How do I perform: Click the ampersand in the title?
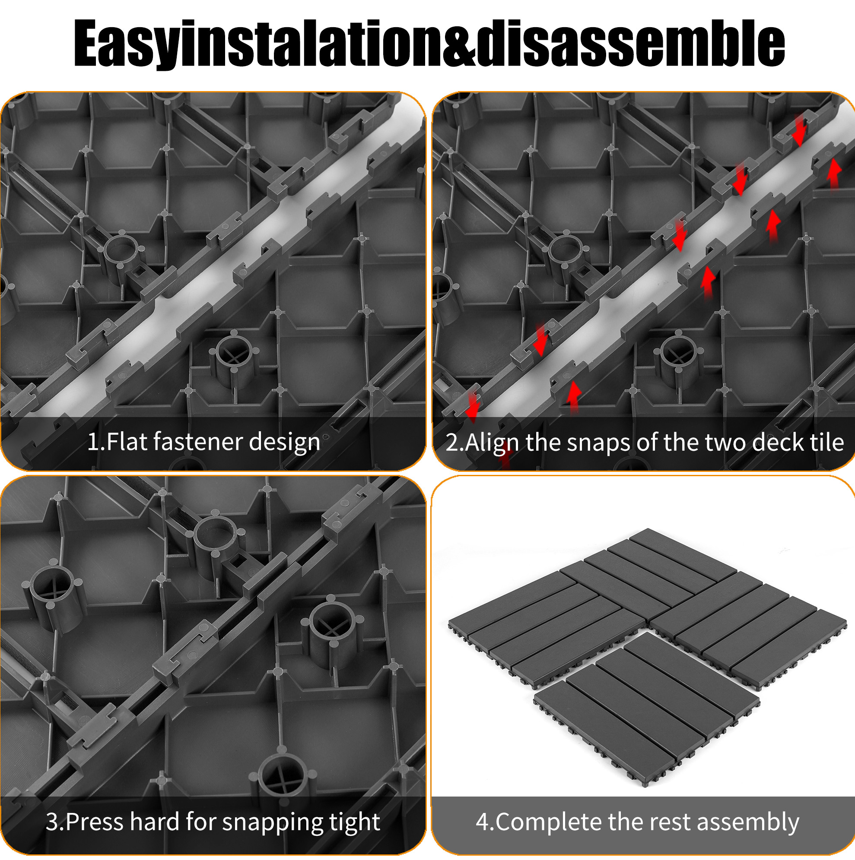coord(459,43)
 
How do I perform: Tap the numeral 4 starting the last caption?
coord(483,822)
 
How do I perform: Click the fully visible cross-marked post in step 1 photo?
coord(234,359)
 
